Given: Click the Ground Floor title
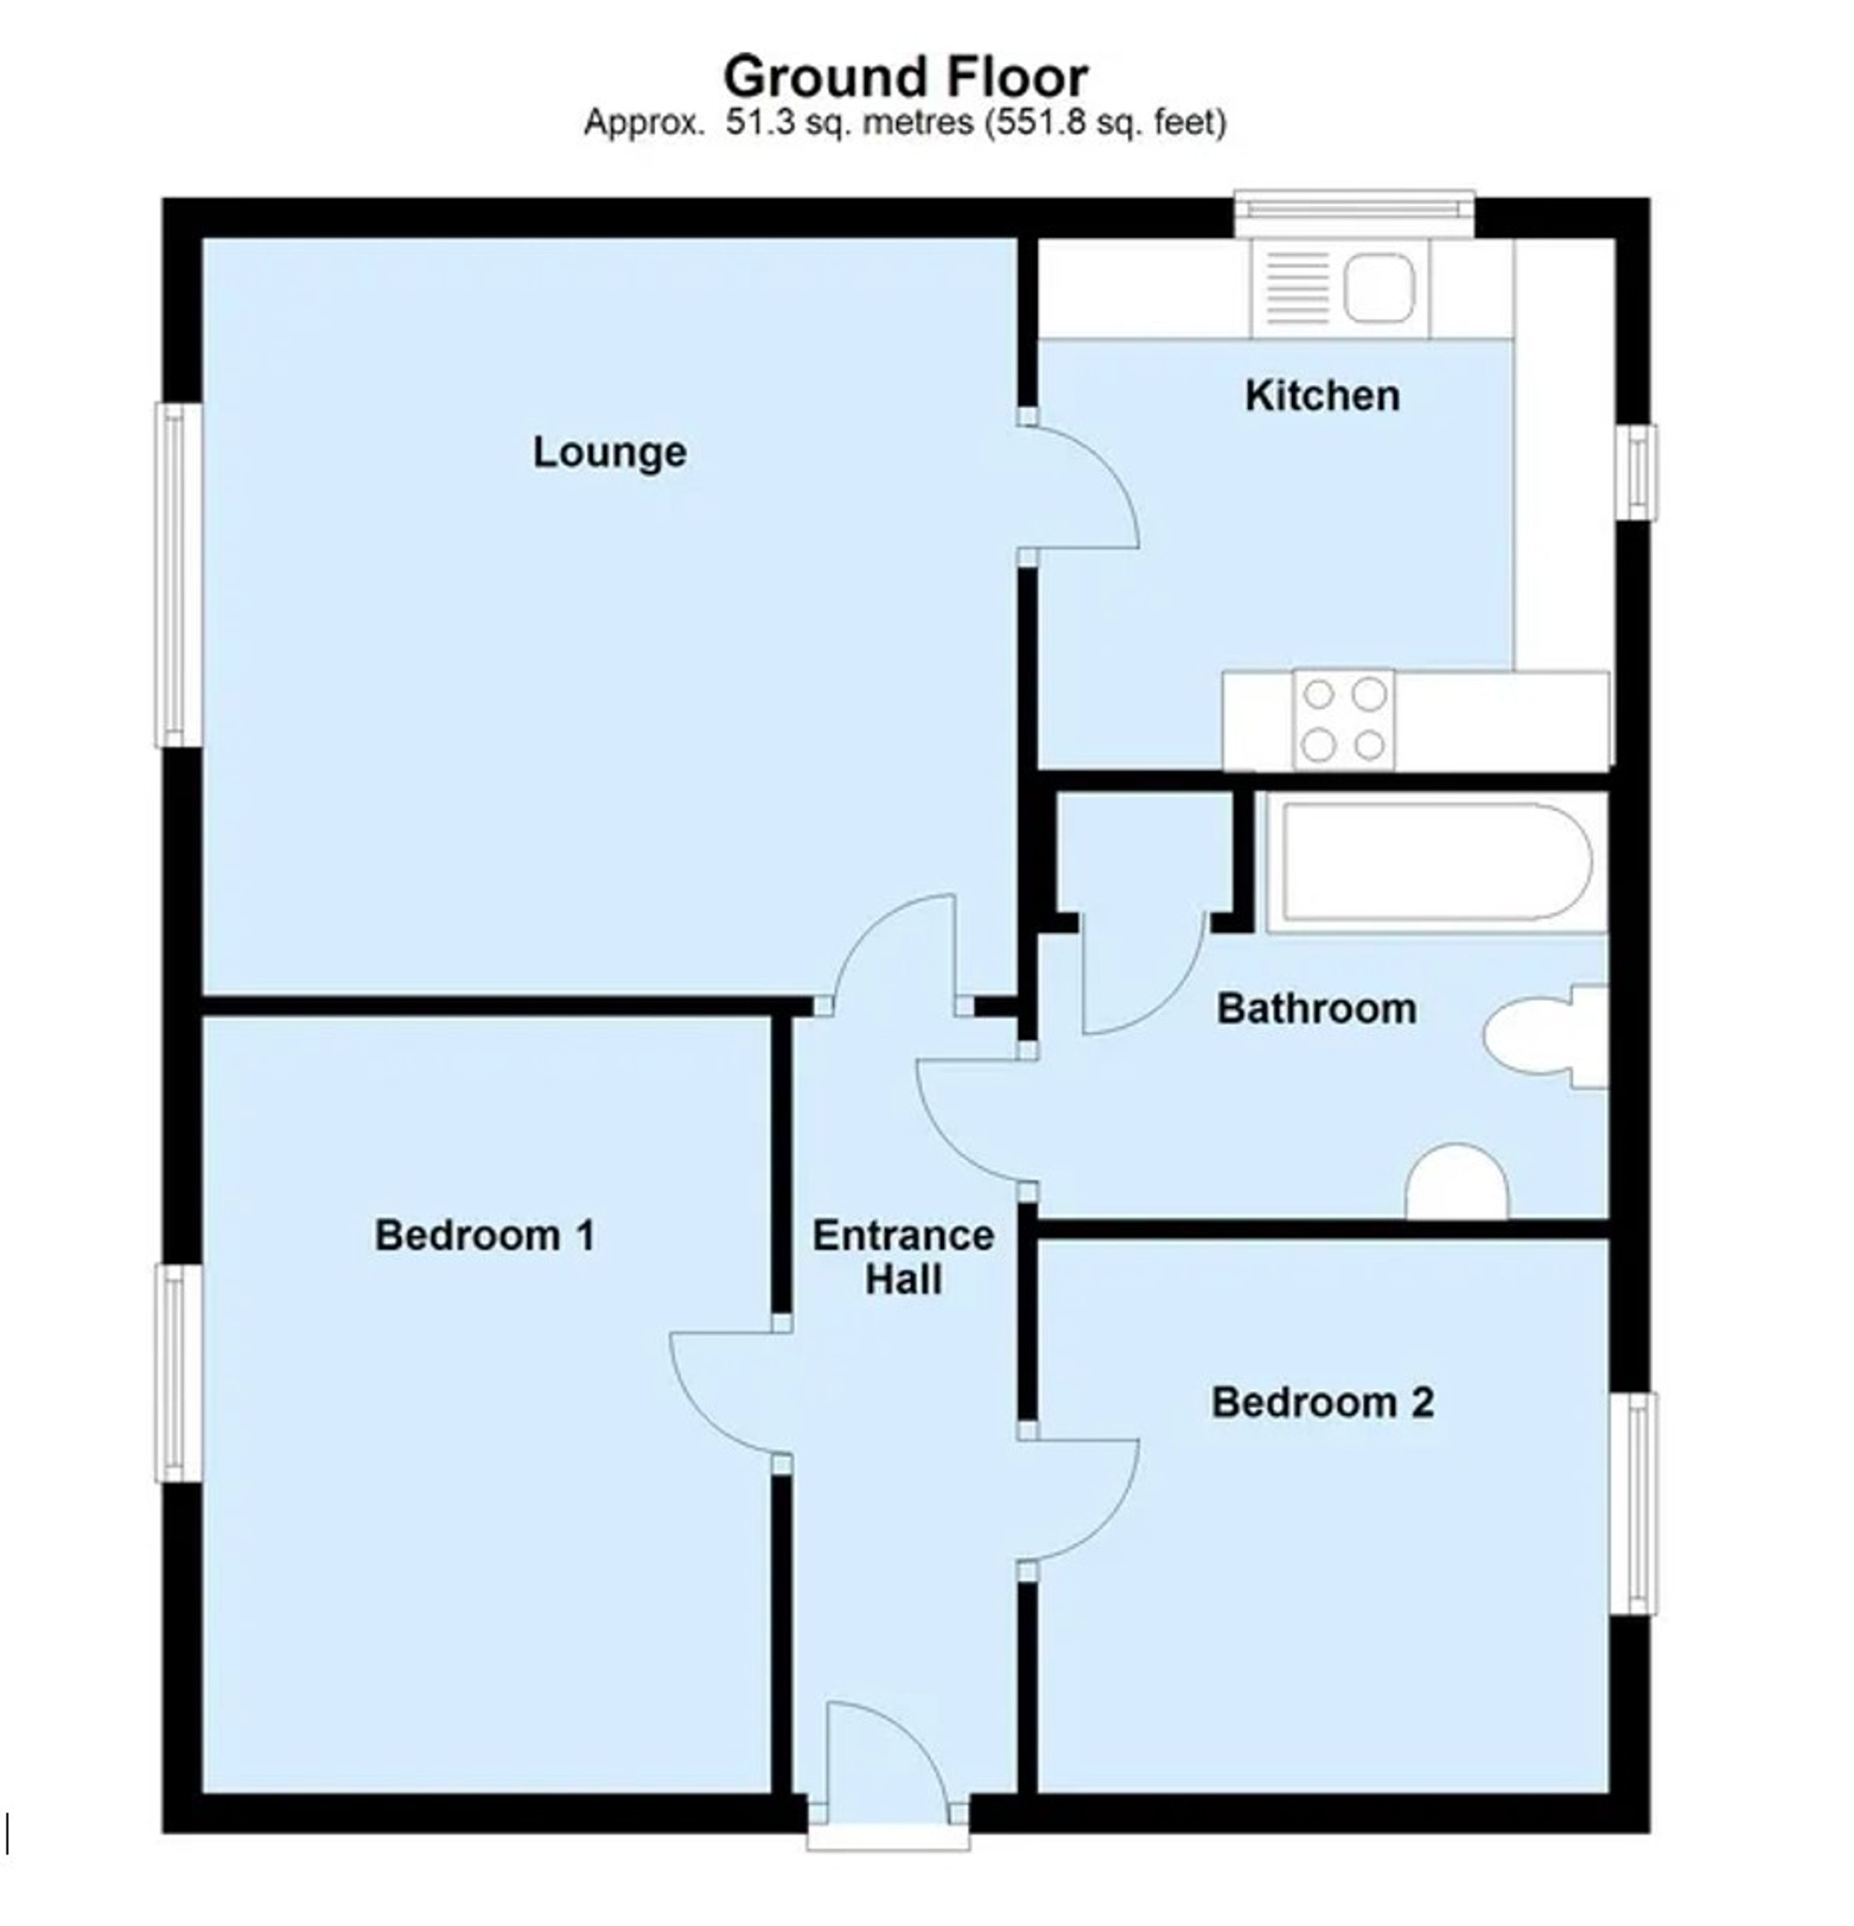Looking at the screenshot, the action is (905, 77).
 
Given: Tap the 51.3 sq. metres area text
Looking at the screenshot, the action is (849, 123).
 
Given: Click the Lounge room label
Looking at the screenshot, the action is (609, 452).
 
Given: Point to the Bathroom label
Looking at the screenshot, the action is (1317, 1008).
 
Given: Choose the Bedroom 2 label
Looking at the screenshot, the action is (1322, 1401).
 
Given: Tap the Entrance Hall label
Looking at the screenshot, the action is (903, 1257).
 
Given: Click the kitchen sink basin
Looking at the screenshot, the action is (1379, 287).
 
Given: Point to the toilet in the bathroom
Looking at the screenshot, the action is (1546, 1036).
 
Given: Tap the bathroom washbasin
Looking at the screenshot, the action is (1457, 1181).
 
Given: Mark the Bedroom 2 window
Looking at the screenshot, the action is (1633, 1502).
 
